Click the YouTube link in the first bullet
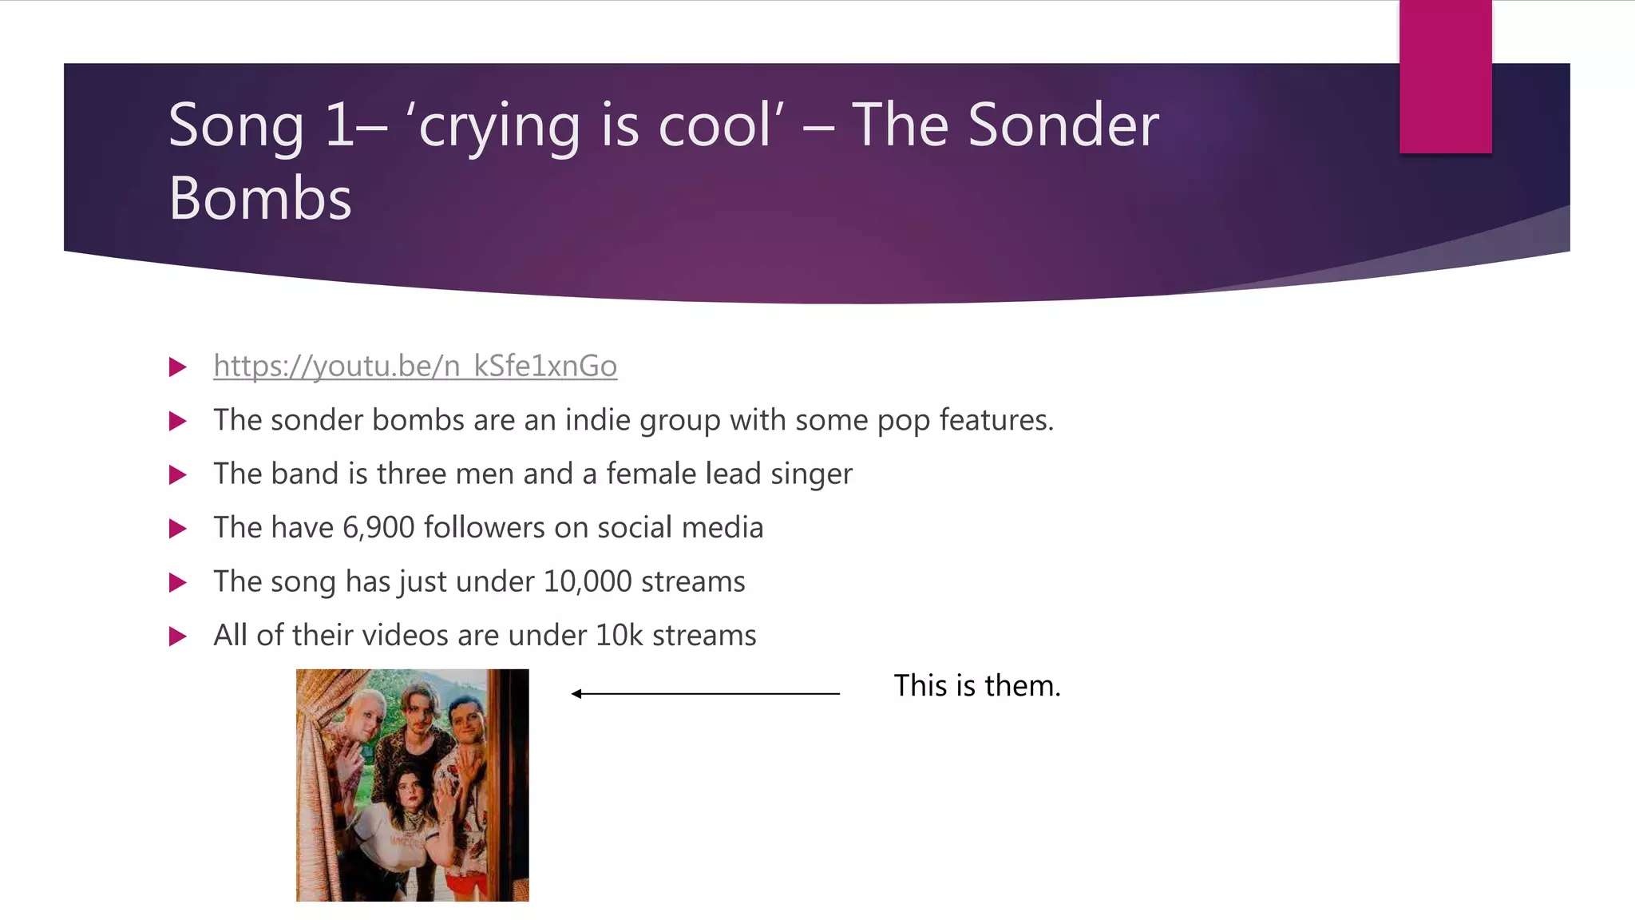click(415, 366)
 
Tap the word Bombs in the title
click(260, 198)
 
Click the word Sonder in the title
click(1063, 125)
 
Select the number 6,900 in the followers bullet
click(378, 528)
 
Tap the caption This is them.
click(976, 686)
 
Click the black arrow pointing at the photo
click(706, 693)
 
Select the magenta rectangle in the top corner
click(1445, 76)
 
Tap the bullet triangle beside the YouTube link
click(178, 367)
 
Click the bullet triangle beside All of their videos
click(178, 636)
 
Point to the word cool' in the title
click(721, 125)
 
